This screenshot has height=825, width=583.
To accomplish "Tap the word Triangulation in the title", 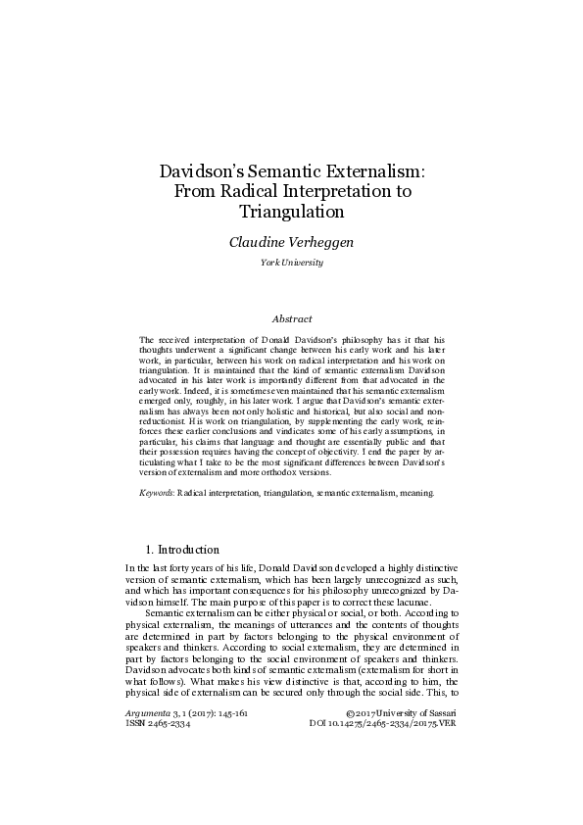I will tap(291, 210).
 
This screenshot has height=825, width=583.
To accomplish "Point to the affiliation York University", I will tap(291, 264).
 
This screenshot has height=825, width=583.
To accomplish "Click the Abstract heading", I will tap(291, 318).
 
